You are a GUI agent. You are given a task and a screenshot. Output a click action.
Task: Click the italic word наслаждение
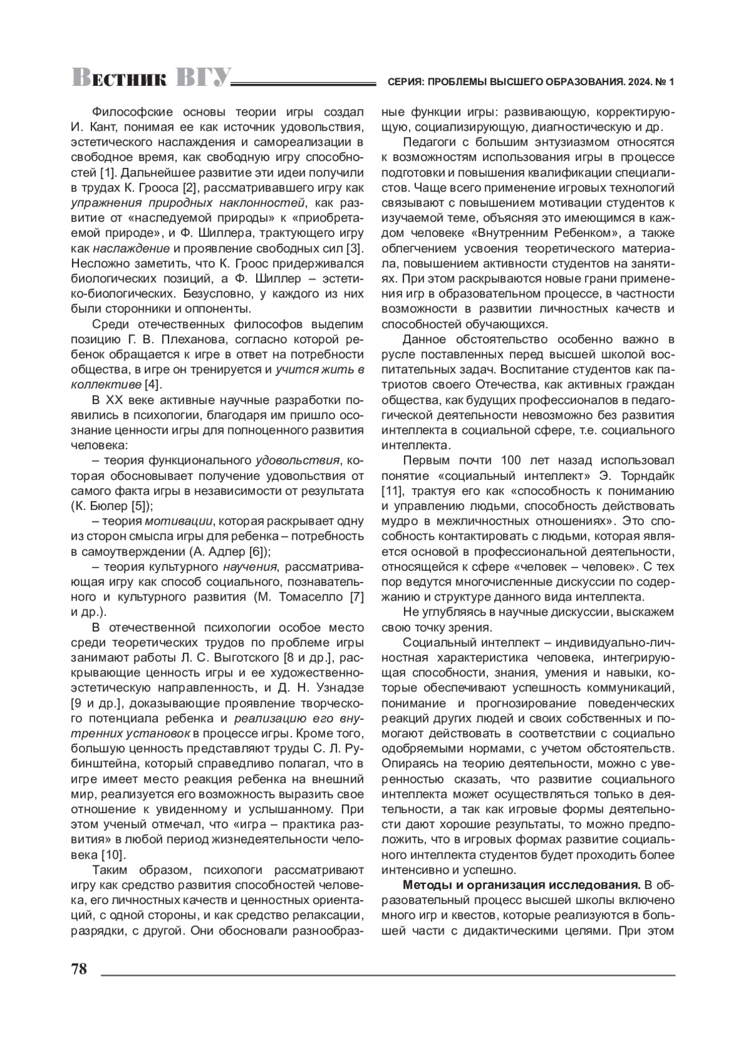point(131,248)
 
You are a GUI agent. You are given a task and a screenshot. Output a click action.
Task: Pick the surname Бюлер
point(108,505)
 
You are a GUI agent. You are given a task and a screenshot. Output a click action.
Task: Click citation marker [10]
point(113,854)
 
